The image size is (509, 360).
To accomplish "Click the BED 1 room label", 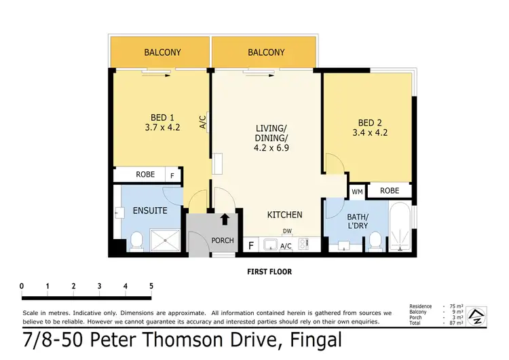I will tap(160, 121).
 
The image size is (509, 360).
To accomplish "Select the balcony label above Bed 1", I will tap(160, 52).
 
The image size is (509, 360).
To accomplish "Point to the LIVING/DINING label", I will tap(271, 137).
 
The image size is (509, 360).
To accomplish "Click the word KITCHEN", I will tap(284, 215).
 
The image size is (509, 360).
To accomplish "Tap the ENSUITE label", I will tap(150, 211).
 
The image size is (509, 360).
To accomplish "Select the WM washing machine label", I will tap(358, 192).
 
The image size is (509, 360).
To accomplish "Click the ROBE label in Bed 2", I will tap(389, 191).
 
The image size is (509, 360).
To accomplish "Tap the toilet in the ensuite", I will tap(136, 240).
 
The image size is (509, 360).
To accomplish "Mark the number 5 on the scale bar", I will tap(151, 285).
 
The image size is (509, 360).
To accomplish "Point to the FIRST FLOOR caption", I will tap(269, 272).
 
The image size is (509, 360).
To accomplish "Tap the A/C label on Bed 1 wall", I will tap(202, 122).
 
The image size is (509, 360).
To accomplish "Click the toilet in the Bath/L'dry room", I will tap(373, 240).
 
